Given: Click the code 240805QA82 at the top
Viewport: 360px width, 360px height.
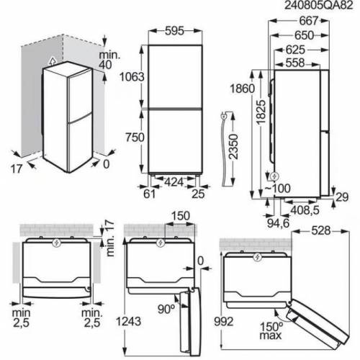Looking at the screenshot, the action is point(319,5).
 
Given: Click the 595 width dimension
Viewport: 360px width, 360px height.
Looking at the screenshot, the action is point(174,31).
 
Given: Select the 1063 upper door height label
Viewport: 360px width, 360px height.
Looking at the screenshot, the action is point(132,77).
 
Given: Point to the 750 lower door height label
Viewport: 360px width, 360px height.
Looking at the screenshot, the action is point(135,138).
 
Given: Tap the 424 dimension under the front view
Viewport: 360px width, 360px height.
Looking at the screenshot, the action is point(174,182).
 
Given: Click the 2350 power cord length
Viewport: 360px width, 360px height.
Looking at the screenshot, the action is point(233,147).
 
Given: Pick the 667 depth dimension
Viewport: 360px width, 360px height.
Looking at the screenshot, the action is point(309,21).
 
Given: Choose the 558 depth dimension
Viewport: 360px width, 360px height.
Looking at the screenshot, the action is point(295,63).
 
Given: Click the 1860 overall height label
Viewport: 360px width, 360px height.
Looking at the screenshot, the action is point(243,89).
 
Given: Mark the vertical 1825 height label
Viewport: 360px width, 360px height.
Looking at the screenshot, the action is point(261,112).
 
